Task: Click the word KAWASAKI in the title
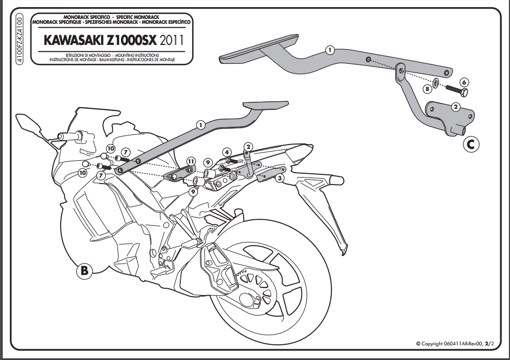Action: pyautogui.click(x=73, y=40)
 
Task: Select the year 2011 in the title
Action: pyautogui.click(x=172, y=40)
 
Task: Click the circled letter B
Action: pyautogui.click(x=84, y=270)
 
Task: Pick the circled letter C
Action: pyautogui.click(x=471, y=144)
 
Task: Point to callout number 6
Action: pyautogui.click(x=464, y=82)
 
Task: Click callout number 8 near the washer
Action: pyautogui.click(x=427, y=89)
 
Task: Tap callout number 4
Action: pyautogui.click(x=227, y=152)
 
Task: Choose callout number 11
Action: pyautogui.click(x=191, y=161)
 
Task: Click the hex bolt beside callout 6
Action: pyautogui.click(x=456, y=90)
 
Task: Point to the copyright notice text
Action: pyautogui.click(x=455, y=343)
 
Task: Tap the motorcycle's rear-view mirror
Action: pyautogui.click(x=29, y=123)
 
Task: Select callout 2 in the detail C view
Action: pyautogui.click(x=456, y=107)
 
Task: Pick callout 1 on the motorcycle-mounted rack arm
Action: pyautogui.click(x=201, y=125)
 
